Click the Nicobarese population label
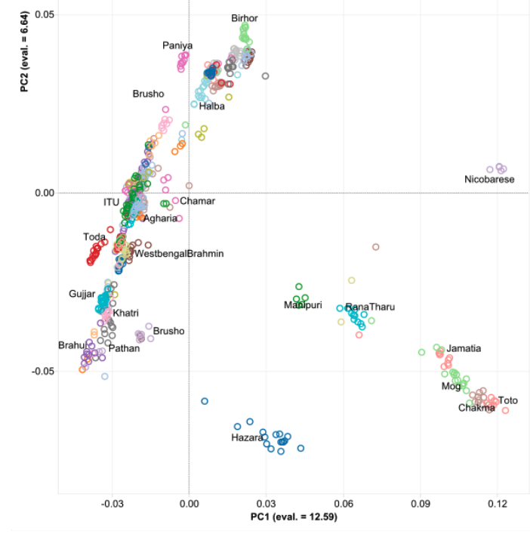point(489,180)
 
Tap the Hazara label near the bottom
point(247,438)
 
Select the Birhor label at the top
point(244,17)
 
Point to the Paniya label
point(177,46)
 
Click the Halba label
point(211,106)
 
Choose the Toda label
point(94,237)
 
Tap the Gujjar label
point(82,293)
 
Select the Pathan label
point(124,349)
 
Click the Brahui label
point(73,345)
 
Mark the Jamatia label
point(464,349)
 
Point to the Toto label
point(508,400)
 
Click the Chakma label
point(476,409)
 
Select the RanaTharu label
point(370,307)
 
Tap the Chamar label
point(197,201)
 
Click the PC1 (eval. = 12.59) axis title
point(294,517)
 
